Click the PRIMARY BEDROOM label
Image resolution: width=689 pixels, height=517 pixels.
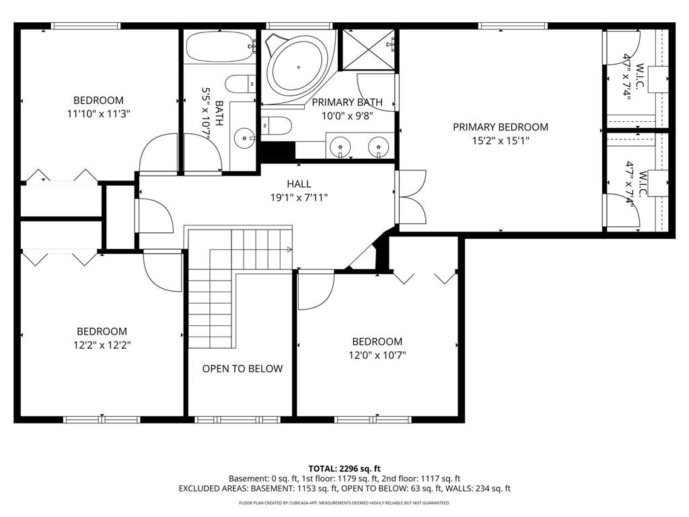point(500,127)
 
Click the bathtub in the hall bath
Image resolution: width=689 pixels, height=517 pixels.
point(219,47)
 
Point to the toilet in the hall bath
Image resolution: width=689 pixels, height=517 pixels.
point(240,84)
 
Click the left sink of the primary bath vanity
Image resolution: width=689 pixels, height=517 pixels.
point(342,146)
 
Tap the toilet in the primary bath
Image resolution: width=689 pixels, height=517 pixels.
point(277,125)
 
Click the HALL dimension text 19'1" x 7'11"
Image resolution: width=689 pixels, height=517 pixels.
point(299,198)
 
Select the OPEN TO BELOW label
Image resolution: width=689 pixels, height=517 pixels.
point(242,368)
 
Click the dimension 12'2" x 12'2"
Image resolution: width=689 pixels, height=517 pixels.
point(102,345)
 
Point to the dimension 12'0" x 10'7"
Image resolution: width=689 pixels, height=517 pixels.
point(377,355)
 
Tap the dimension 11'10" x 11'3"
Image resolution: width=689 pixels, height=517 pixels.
point(98,114)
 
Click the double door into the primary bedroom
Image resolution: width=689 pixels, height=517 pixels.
point(412,197)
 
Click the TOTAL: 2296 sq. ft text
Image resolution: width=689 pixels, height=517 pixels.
point(344,468)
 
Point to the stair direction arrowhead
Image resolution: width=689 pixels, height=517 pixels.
point(289,250)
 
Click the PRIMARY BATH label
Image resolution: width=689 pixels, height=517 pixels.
point(347,102)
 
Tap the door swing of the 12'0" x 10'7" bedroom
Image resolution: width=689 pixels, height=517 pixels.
point(315,291)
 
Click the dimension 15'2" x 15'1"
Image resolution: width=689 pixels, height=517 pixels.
point(500,141)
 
